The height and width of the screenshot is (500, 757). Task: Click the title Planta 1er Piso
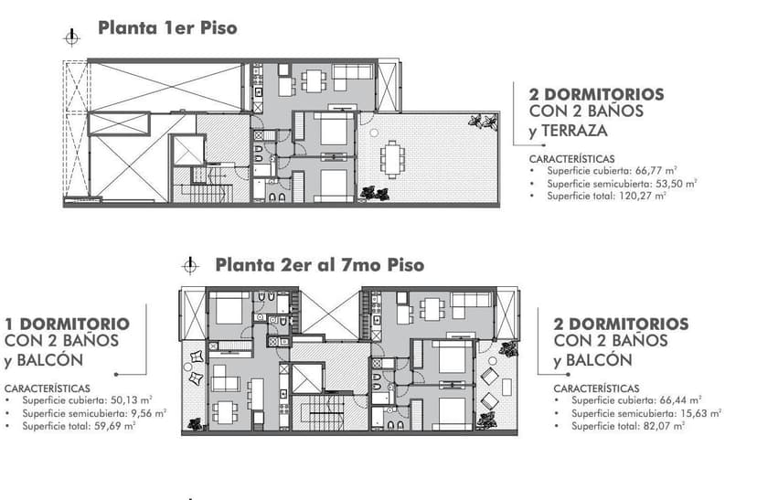167,27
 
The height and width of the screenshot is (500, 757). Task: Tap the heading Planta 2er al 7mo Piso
319,264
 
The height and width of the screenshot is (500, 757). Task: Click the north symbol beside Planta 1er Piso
71,37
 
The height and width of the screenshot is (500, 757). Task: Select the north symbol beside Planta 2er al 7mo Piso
190,266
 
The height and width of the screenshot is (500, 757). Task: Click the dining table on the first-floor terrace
395,158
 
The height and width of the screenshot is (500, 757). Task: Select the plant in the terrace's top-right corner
476,121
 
